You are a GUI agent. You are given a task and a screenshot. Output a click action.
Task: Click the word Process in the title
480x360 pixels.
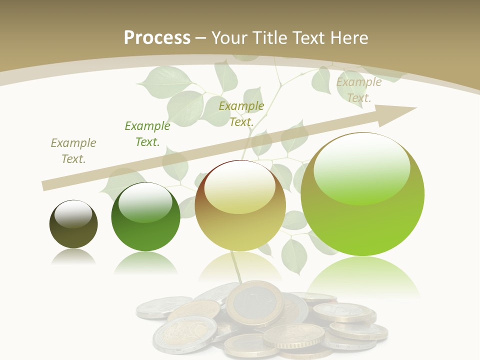click(157, 38)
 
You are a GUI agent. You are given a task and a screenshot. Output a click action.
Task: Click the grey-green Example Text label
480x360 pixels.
click(73, 151)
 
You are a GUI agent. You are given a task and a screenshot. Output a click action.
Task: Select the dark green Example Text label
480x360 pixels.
click(147, 134)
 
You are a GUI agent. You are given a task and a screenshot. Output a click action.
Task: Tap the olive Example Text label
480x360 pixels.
click(241, 113)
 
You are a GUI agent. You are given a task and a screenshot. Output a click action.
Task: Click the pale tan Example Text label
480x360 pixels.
click(359, 90)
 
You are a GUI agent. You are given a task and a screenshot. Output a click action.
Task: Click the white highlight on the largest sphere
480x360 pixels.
click(362, 167)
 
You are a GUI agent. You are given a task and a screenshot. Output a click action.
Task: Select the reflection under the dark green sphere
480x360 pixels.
click(145, 262)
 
